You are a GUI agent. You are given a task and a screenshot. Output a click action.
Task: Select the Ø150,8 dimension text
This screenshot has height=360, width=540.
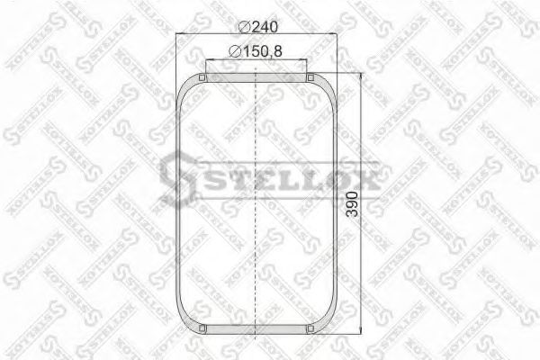point(257,52)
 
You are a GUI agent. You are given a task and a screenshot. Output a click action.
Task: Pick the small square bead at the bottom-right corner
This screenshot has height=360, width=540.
point(310,329)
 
